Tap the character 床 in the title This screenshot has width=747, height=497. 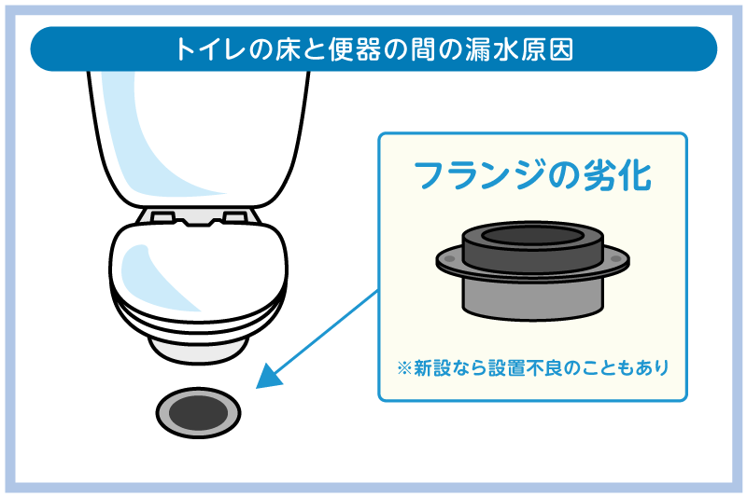[288, 49]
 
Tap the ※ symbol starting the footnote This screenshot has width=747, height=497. [404, 368]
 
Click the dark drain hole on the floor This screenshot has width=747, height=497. [198, 412]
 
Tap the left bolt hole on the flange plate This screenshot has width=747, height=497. [449, 259]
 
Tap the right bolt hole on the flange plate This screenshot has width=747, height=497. [616, 259]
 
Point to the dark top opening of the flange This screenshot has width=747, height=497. [532, 235]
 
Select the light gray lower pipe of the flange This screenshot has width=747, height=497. [532, 299]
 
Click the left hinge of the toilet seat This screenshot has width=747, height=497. [162, 217]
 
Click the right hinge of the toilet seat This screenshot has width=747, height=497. [235, 217]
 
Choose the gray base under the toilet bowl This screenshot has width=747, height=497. [198, 350]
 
